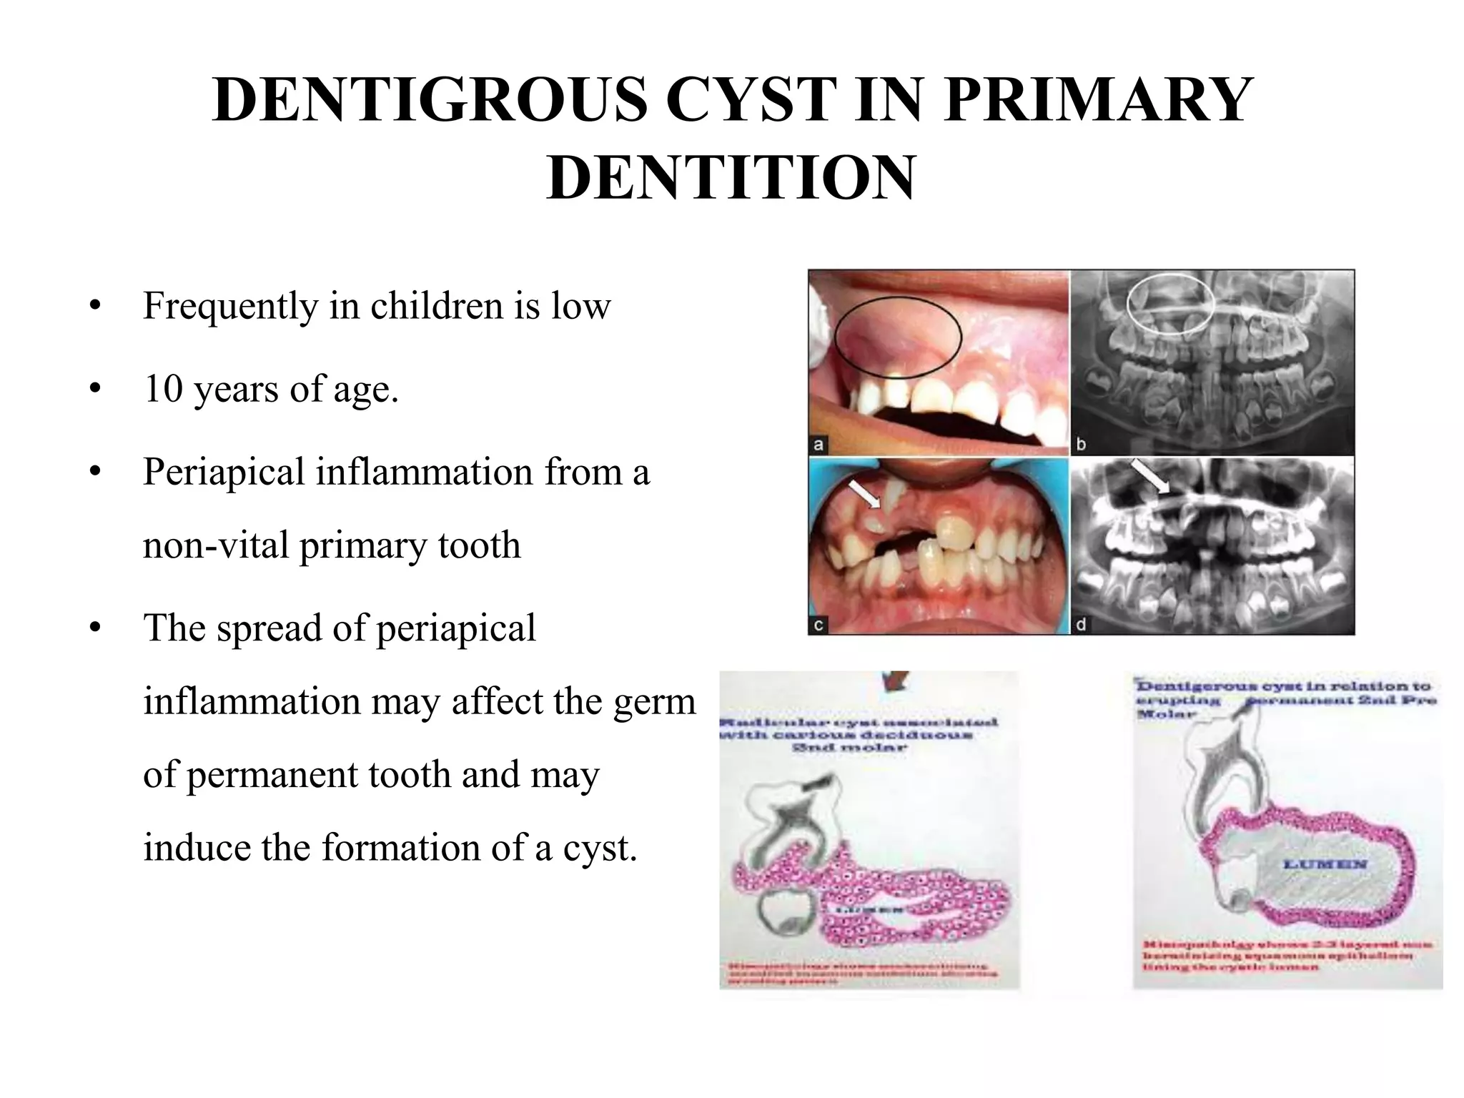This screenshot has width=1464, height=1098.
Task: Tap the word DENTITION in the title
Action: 731,177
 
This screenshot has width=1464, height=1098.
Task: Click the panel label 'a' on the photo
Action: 819,445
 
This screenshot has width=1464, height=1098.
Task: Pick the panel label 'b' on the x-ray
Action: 1081,445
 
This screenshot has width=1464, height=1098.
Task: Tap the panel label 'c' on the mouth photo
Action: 819,625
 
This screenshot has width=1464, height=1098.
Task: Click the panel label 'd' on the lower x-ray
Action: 1081,625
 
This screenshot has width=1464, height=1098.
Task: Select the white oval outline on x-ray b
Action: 1170,303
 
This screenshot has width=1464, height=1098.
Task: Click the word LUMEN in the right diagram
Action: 1325,864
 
